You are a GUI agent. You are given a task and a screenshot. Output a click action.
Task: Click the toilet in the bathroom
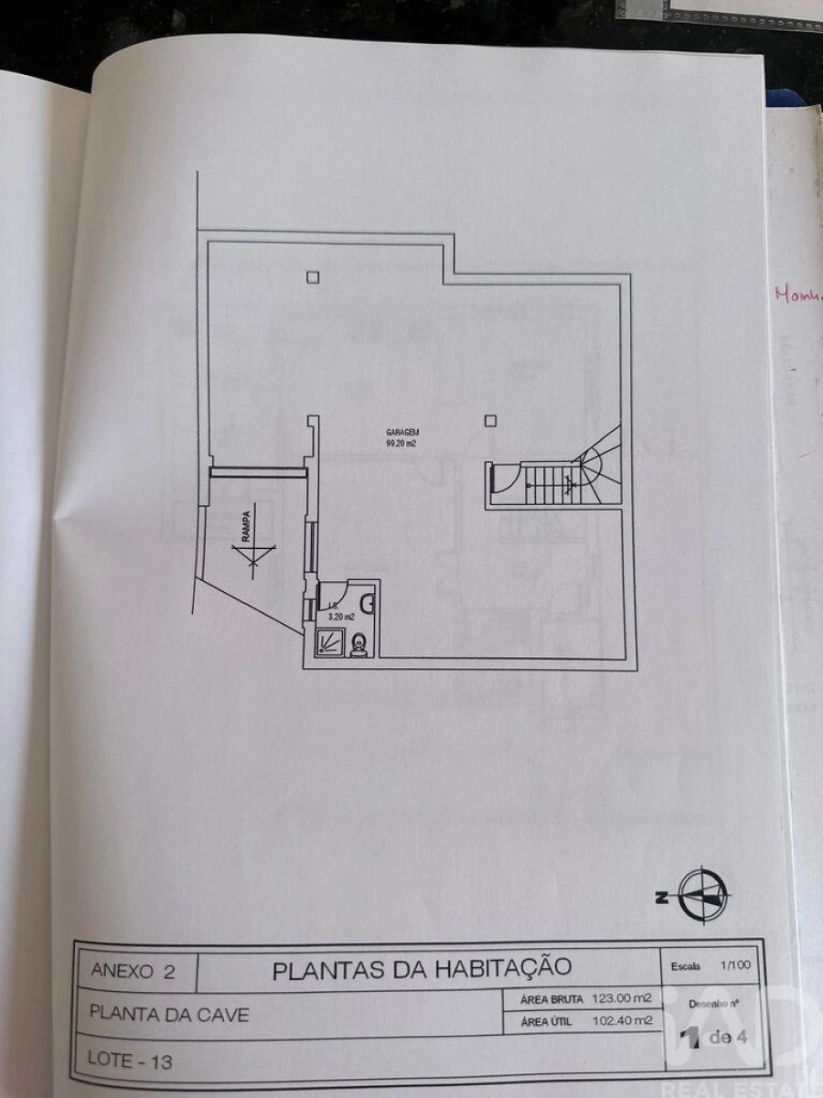pyautogui.click(x=359, y=644)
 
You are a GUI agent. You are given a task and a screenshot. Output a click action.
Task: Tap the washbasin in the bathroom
pyautogui.click(x=368, y=603)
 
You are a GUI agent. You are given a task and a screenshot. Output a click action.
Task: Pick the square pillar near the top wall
pyautogui.click(x=313, y=276)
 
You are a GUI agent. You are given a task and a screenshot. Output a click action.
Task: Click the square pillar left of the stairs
pyautogui.click(x=491, y=420)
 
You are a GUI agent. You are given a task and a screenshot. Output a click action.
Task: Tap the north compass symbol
pyautogui.click(x=702, y=895)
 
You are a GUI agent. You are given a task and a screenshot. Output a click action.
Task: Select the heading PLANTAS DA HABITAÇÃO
pyautogui.click(x=422, y=969)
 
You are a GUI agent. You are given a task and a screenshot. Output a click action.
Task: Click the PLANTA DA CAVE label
pyautogui.click(x=169, y=1015)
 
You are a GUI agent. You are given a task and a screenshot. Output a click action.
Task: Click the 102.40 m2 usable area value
pyautogui.click(x=625, y=1021)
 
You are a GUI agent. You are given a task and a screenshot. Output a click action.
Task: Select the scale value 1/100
pyautogui.click(x=733, y=965)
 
